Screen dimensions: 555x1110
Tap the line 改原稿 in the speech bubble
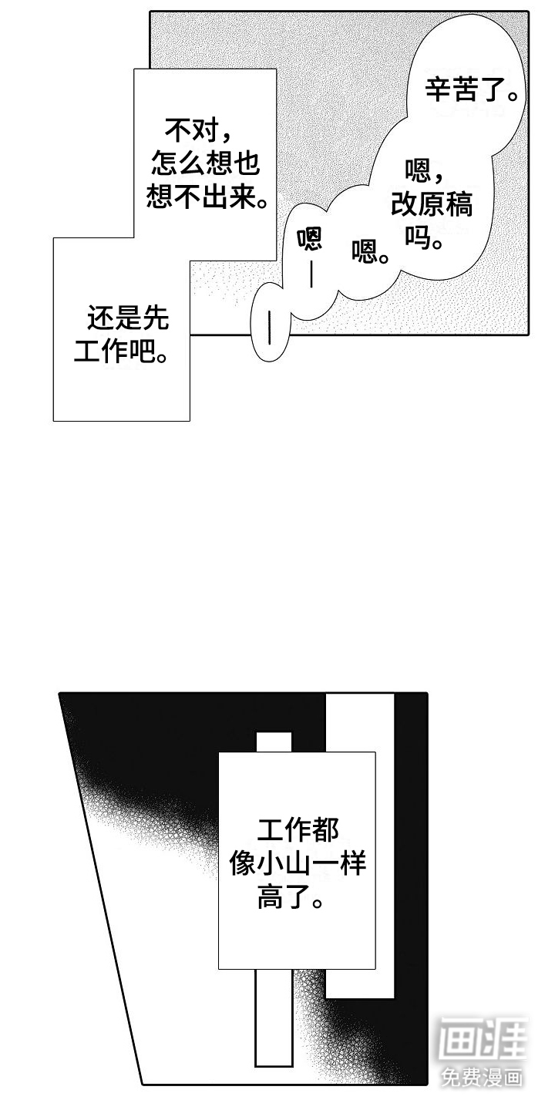pos(432,204)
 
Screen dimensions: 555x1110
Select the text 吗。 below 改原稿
pos(423,237)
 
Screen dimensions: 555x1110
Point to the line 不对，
pos(198,130)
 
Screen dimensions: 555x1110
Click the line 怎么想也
pos(206,163)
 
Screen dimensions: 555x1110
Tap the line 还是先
pos(128,318)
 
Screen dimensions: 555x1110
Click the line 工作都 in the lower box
pos(298,830)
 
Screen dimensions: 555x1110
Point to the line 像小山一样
pos(298,863)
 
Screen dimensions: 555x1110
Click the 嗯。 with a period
pos(370,251)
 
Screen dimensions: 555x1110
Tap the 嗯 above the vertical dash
pos(310,239)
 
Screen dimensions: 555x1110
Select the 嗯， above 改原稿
pos(424,171)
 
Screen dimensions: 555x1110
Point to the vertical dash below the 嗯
pos(311,274)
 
